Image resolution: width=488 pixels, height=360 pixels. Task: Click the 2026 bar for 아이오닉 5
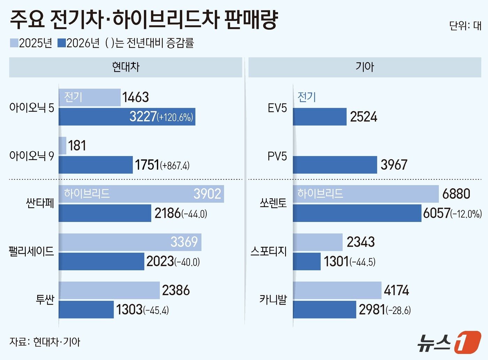click(x=127, y=117)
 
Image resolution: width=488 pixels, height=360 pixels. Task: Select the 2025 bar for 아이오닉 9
click(x=62, y=146)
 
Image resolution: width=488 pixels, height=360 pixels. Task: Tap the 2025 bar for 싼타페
click(x=141, y=194)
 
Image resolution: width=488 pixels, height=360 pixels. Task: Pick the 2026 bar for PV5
click(x=335, y=165)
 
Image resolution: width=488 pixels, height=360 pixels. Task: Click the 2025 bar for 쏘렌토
click(x=365, y=194)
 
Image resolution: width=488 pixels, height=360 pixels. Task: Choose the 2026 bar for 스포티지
click(x=306, y=261)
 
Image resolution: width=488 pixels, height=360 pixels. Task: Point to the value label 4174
click(x=396, y=290)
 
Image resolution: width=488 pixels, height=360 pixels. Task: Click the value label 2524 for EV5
click(x=364, y=117)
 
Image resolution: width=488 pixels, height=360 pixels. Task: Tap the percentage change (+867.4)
click(x=175, y=166)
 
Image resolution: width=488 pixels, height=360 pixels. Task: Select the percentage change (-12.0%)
click(x=466, y=214)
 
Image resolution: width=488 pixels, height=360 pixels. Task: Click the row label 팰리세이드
click(x=31, y=251)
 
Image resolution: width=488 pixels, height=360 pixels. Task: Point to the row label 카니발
click(x=273, y=299)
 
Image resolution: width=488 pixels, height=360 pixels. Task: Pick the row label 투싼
click(x=45, y=299)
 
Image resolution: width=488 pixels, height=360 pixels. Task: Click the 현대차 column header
click(x=125, y=67)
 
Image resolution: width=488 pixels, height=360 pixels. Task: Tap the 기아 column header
click(x=365, y=67)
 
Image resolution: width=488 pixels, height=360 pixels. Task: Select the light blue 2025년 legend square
click(x=14, y=43)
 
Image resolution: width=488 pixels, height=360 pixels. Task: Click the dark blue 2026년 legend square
click(x=61, y=43)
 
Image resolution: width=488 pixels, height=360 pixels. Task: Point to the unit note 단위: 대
click(x=465, y=26)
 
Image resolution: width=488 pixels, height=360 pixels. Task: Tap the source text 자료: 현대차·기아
click(x=45, y=342)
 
